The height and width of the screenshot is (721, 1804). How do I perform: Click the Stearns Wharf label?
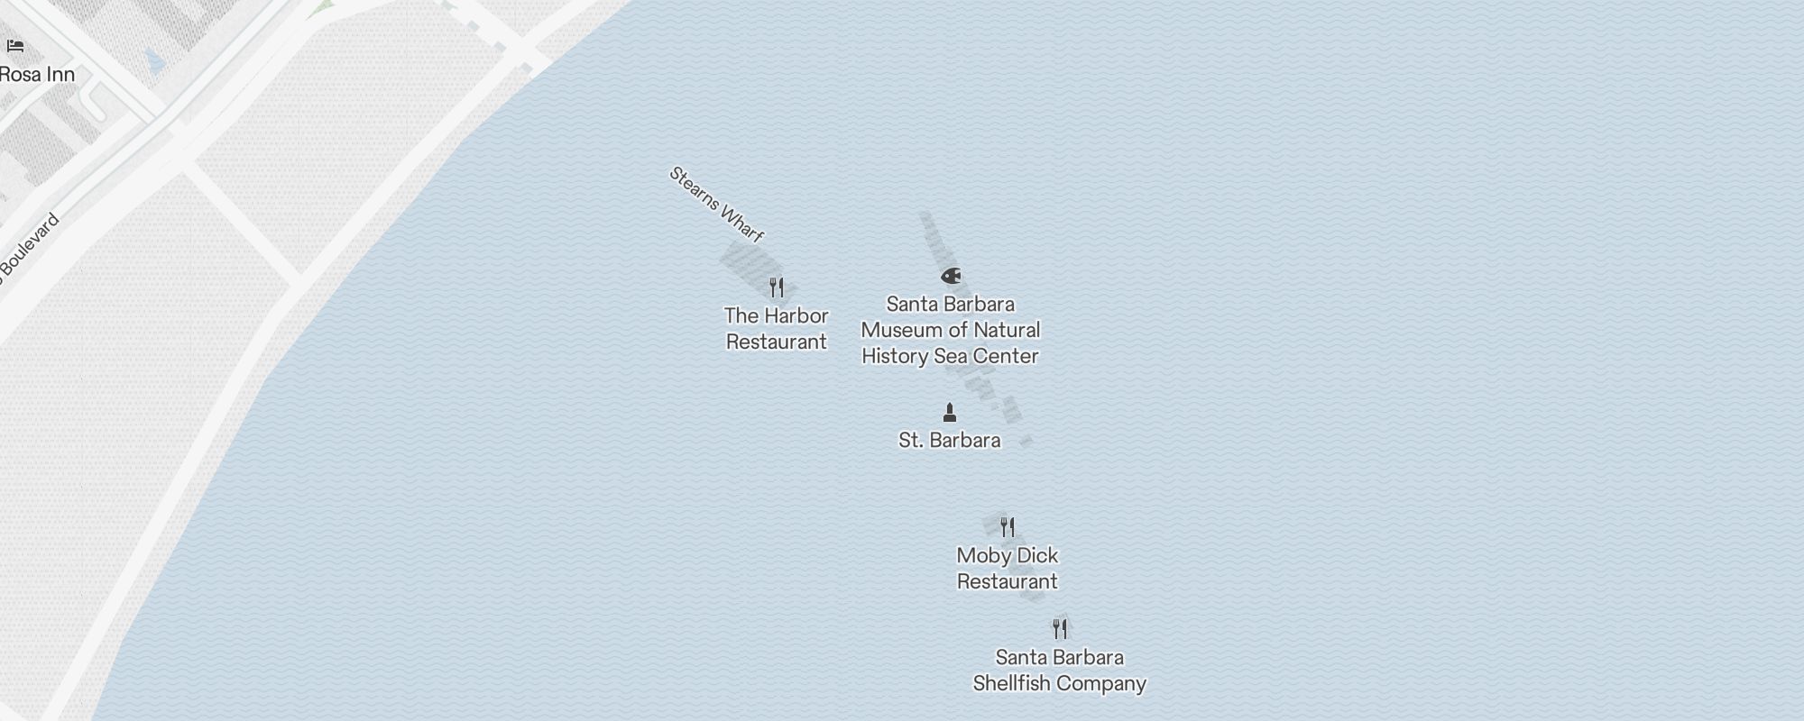[716, 205]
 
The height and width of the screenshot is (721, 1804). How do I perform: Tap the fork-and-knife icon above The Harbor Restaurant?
[777, 287]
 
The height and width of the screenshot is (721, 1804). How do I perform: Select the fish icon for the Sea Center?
[951, 276]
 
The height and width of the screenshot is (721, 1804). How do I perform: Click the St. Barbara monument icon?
[949, 413]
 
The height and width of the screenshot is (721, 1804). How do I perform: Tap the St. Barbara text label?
[949, 440]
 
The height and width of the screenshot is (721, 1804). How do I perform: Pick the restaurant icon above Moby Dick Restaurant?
[1008, 527]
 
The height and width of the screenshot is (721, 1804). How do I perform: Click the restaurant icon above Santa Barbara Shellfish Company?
[1060, 628]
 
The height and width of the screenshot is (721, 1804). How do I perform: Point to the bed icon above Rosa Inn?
[15, 46]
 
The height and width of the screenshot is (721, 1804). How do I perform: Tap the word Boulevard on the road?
[29, 245]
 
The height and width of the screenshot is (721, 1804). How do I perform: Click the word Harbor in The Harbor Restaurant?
[796, 315]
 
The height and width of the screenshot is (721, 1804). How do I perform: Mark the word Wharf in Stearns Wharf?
[742, 224]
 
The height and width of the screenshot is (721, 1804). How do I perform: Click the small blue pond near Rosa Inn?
[155, 62]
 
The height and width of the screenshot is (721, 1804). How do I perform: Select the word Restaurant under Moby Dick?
[1007, 581]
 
